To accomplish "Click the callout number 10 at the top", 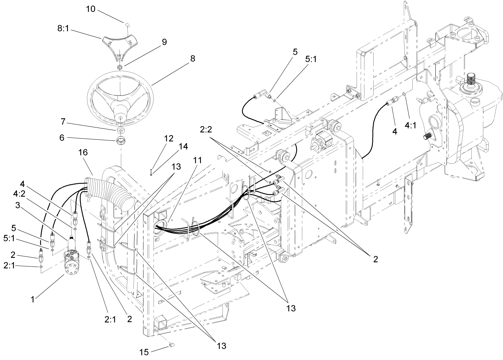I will [91, 9].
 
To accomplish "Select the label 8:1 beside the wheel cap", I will [63, 29].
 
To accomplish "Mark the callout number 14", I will [183, 146].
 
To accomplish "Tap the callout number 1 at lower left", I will [33, 299].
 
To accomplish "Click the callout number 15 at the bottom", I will [144, 352].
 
